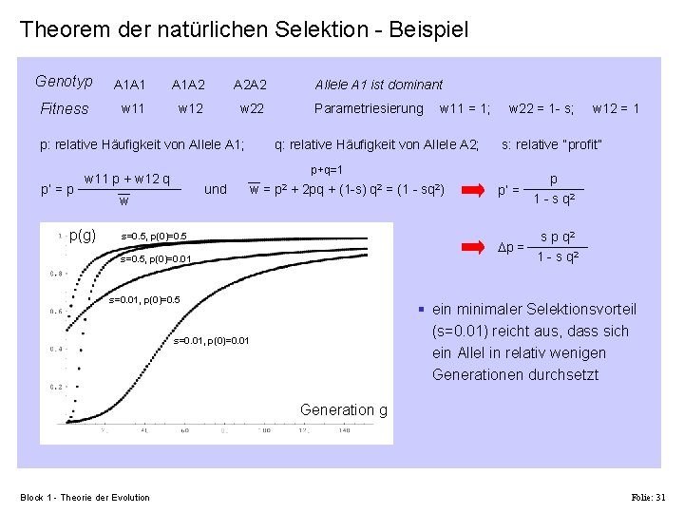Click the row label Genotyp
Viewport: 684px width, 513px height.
click(x=64, y=82)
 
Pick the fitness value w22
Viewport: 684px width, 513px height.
click(x=252, y=108)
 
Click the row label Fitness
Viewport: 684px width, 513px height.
click(x=65, y=108)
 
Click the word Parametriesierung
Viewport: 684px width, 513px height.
click(x=369, y=108)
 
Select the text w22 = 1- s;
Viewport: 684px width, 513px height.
click(x=541, y=108)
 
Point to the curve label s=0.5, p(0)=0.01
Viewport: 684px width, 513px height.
click(x=157, y=258)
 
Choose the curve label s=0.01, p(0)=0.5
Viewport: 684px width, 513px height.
click(x=145, y=300)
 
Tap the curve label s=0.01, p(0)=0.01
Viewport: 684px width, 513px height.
click(x=211, y=340)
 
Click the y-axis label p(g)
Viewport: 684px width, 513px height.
click(x=83, y=235)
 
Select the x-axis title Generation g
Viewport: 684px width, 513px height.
click(x=343, y=409)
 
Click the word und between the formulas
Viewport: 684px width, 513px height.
click(x=216, y=189)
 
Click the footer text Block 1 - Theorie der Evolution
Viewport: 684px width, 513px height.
click(x=85, y=497)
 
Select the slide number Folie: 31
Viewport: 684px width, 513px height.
click(x=649, y=497)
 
